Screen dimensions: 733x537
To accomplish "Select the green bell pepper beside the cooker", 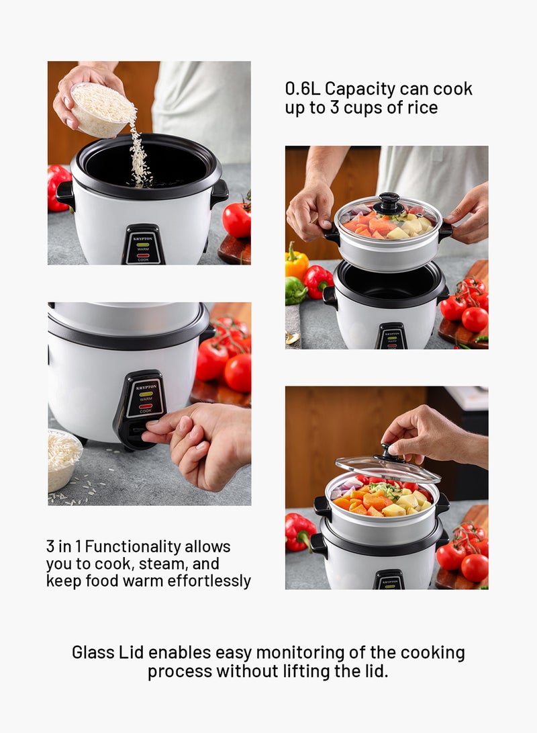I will pos(295,290).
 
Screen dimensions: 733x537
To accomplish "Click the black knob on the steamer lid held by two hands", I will pos(389,202).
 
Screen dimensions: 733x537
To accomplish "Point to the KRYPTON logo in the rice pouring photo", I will pos(143,239).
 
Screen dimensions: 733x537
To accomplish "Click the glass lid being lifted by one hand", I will pos(387,468).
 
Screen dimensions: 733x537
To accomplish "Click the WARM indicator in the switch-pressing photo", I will pos(146,395).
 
